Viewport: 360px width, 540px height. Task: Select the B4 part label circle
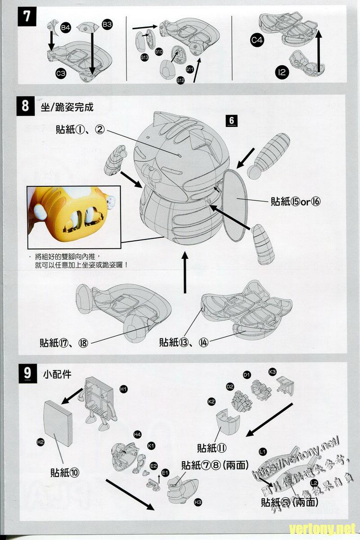pyautogui.click(x=66, y=28)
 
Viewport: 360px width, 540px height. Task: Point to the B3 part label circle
pyautogui.click(x=107, y=25)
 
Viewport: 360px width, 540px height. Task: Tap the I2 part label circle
pyautogui.click(x=282, y=72)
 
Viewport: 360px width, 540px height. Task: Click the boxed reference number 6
pyautogui.click(x=232, y=121)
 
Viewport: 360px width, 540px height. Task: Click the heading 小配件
pyautogui.click(x=58, y=373)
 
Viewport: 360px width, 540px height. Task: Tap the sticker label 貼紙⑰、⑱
pyautogui.click(x=64, y=342)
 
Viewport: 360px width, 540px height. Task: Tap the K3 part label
pyautogui.click(x=272, y=372)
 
